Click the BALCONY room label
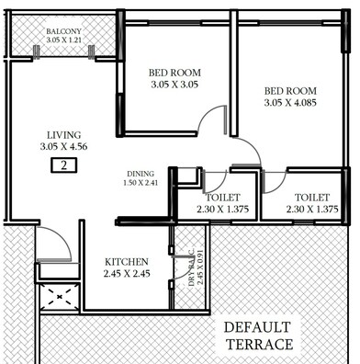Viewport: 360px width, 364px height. [x=65, y=31]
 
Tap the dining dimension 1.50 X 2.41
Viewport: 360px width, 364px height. [x=140, y=184]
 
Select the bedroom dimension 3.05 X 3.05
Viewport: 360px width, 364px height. [x=174, y=85]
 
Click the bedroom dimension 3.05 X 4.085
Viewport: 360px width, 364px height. [x=293, y=103]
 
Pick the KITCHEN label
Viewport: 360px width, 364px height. [x=128, y=262]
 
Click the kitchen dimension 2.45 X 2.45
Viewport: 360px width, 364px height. [x=128, y=275]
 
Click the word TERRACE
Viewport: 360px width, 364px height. [x=261, y=346]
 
